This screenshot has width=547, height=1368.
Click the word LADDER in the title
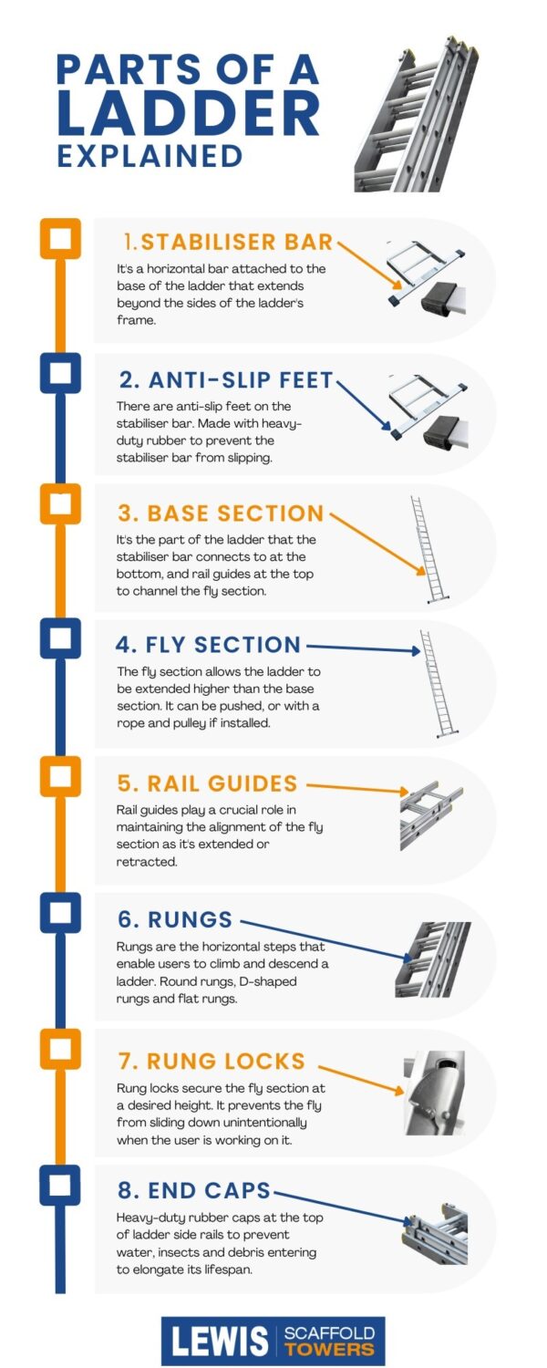click(188, 110)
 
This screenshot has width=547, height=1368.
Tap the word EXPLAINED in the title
click(150, 155)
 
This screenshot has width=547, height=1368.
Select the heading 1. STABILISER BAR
click(228, 242)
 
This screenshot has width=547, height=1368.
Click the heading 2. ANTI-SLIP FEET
click(226, 379)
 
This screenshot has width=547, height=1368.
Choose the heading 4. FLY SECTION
click(208, 645)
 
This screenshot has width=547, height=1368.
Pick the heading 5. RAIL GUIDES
click(208, 782)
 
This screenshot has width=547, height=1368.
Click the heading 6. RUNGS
click(175, 919)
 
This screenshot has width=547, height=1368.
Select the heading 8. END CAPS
click(193, 1189)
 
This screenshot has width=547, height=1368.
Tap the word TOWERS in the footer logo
click(338, 1349)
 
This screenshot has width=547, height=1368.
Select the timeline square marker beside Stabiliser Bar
click(60, 238)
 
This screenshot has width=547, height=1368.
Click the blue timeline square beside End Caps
click(60, 1185)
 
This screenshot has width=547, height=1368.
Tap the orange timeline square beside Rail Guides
click(60, 776)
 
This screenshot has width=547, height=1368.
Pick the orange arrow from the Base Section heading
click(378, 544)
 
